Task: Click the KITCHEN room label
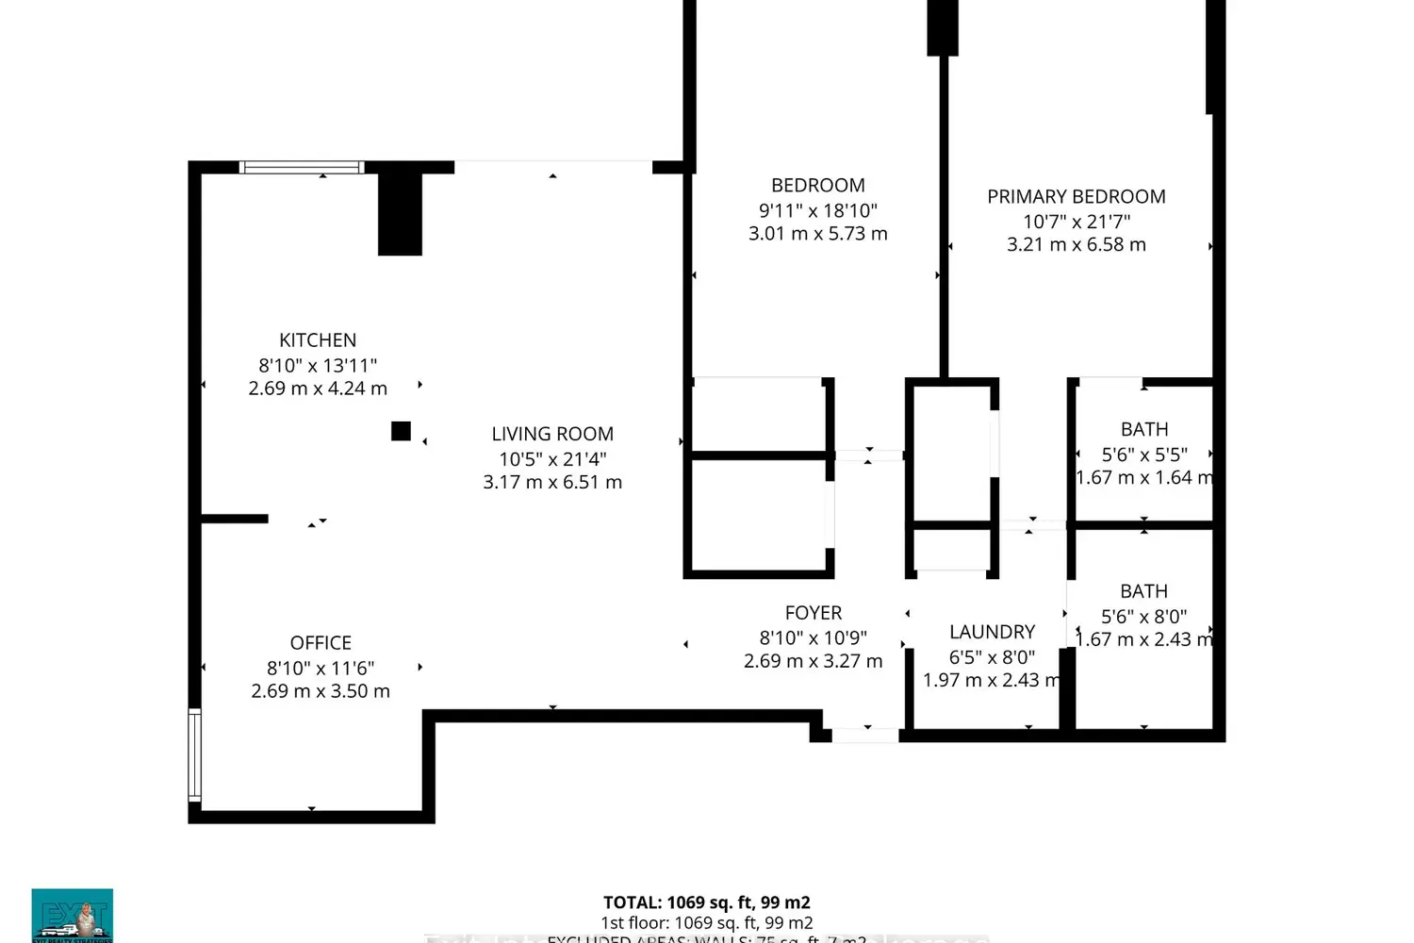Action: [318, 340]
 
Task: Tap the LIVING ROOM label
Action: [552, 434]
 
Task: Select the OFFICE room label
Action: [321, 643]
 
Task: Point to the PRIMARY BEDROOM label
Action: [1077, 197]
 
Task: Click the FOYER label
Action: [814, 613]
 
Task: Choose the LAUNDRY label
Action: [992, 632]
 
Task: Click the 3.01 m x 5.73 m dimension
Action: [818, 234]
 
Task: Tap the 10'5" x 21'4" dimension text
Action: [552, 459]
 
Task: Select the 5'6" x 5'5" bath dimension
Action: [1144, 455]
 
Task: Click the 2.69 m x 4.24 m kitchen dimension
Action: [318, 389]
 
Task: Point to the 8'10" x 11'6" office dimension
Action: [321, 668]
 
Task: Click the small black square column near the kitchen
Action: [401, 431]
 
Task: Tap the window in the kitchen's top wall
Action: [302, 168]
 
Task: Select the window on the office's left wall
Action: [195, 754]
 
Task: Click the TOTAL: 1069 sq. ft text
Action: [707, 902]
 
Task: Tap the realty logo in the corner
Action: [73, 915]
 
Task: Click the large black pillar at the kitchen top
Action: [400, 214]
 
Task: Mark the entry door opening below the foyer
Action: [864, 735]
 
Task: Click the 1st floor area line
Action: [707, 923]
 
